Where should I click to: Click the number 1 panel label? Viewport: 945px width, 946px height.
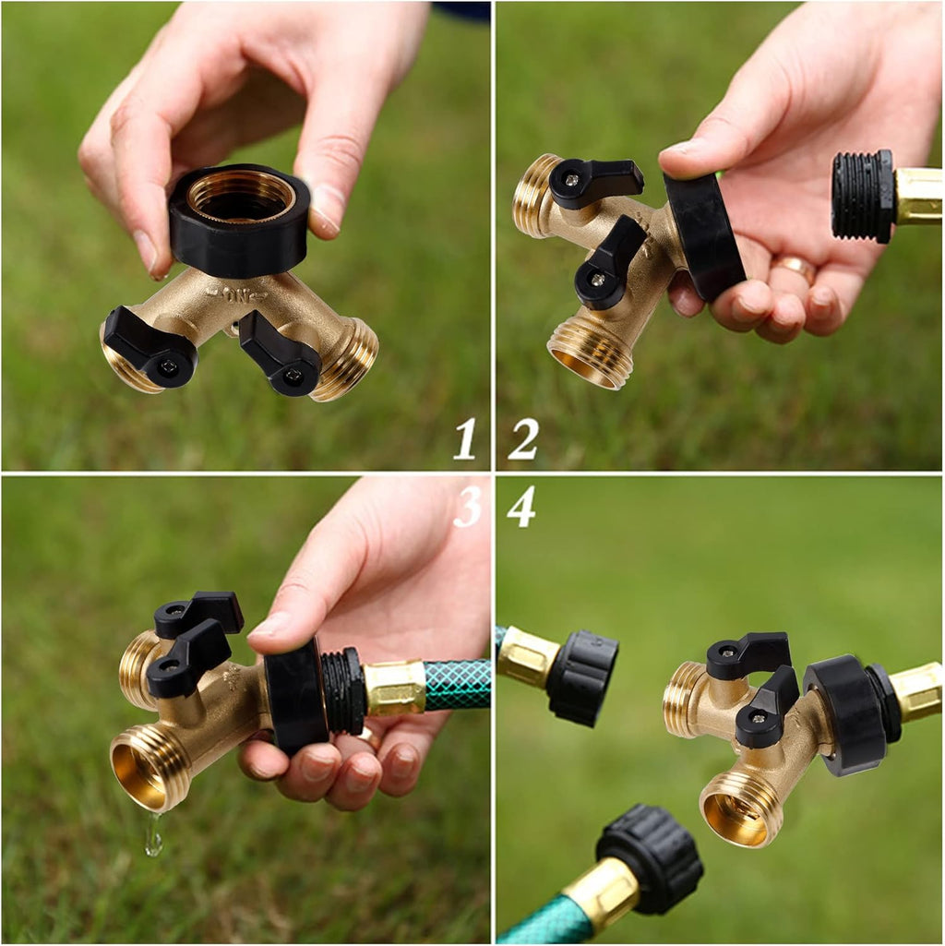click(465, 438)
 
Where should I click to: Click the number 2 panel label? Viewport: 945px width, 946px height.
click(522, 438)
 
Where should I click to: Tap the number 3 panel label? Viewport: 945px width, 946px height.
click(468, 507)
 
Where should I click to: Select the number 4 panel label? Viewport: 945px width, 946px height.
click(521, 507)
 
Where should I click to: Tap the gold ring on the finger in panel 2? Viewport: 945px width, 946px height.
click(795, 268)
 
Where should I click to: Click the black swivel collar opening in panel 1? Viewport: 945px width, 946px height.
click(240, 196)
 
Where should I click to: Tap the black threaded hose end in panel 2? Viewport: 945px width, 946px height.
click(862, 197)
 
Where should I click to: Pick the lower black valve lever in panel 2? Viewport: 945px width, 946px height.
click(609, 264)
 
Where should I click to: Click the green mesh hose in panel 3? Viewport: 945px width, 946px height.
click(458, 685)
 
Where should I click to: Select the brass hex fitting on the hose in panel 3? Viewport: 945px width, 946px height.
click(395, 688)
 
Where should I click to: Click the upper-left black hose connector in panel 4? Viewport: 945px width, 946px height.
click(581, 676)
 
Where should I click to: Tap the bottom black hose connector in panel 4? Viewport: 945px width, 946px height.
click(650, 858)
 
